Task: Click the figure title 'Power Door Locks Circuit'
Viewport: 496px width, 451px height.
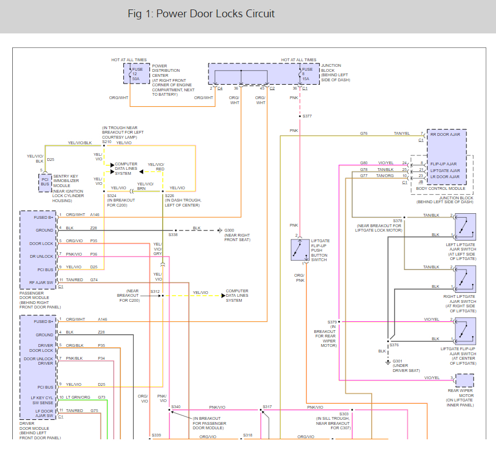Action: point(216,13)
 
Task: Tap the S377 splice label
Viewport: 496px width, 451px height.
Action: point(307,116)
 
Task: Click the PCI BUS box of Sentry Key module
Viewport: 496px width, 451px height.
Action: point(45,182)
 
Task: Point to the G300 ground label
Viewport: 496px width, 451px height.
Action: point(229,230)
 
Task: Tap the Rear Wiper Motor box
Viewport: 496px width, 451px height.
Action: point(465,381)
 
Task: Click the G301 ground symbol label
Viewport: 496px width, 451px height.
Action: point(398,361)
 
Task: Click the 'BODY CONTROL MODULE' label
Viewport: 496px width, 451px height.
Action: point(441,189)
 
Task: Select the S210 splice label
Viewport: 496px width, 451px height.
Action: point(107,142)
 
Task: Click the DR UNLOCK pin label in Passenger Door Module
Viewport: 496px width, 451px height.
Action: point(42,257)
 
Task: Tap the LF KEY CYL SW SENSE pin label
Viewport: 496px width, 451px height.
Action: point(42,400)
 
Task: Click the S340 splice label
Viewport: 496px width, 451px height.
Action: point(176,407)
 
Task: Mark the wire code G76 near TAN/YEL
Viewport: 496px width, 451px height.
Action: point(364,134)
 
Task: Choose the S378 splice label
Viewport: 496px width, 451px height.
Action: point(397,220)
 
